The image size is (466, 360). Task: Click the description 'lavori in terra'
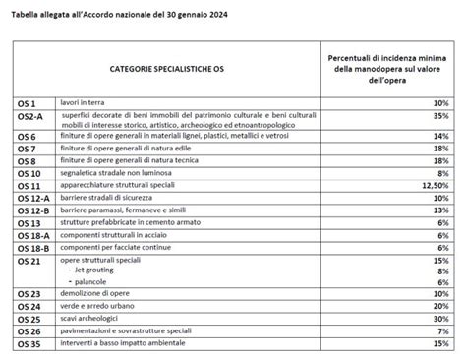[111, 103]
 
